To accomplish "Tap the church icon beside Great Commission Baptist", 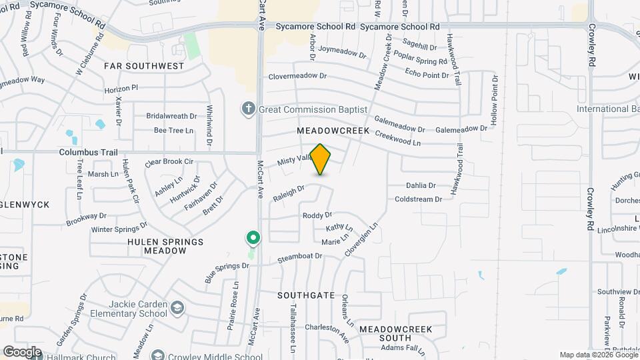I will (x=249, y=109).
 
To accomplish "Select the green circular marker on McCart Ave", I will (x=253, y=238).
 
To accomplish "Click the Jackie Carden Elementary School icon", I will (x=177, y=307).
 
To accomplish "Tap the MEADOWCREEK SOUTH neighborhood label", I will (x=395, y=334).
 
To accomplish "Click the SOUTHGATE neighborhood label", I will (x=306, y=294).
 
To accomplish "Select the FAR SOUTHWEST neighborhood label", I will (x=143, y=66).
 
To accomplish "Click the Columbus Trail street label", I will (x=88, y=153).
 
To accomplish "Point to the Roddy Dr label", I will (x=317, y=215).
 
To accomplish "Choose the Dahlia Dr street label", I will (x=420, y=185).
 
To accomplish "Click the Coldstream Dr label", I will (x=419, y=199).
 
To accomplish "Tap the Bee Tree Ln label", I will (x=173, y=130).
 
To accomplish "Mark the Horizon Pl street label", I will (x=121, y=87).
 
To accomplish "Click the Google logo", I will (x=22, y=351).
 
